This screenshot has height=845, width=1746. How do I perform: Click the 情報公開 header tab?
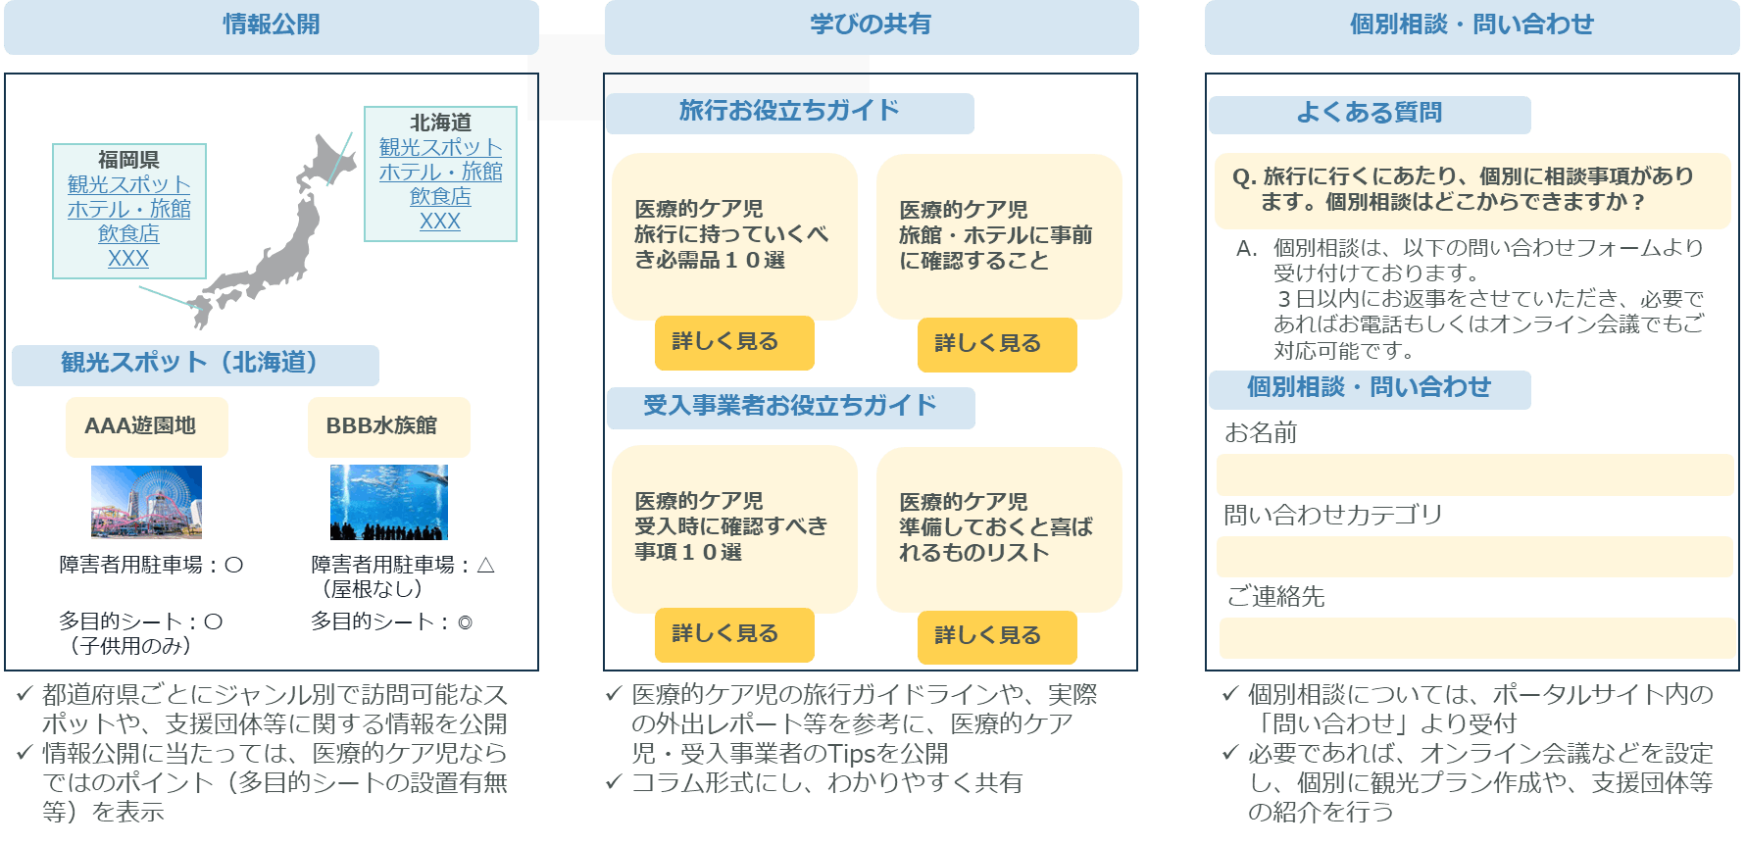coord(272,25)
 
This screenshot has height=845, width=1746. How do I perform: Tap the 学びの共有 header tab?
coord(871,25)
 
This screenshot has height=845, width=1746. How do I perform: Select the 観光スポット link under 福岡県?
coord(129,184)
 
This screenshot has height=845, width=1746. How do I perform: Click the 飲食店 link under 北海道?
coord(440,196)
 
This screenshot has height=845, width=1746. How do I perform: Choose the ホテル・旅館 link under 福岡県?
coord(129,209)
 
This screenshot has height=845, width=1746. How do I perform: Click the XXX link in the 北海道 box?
coord(440,222)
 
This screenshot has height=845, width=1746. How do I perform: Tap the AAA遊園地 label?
coord(146,426)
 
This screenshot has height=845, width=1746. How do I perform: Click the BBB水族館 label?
coord(388,426)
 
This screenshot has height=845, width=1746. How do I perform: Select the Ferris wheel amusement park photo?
coord(146,502)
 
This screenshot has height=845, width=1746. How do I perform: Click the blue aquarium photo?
coord(389,502)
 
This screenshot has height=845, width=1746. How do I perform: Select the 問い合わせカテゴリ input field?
coord(1474,557)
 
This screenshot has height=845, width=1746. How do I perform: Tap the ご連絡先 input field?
coord(1476,638)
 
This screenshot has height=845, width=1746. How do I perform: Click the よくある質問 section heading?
coord(1369,114)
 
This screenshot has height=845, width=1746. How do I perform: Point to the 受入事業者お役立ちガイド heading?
coord(789,407)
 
